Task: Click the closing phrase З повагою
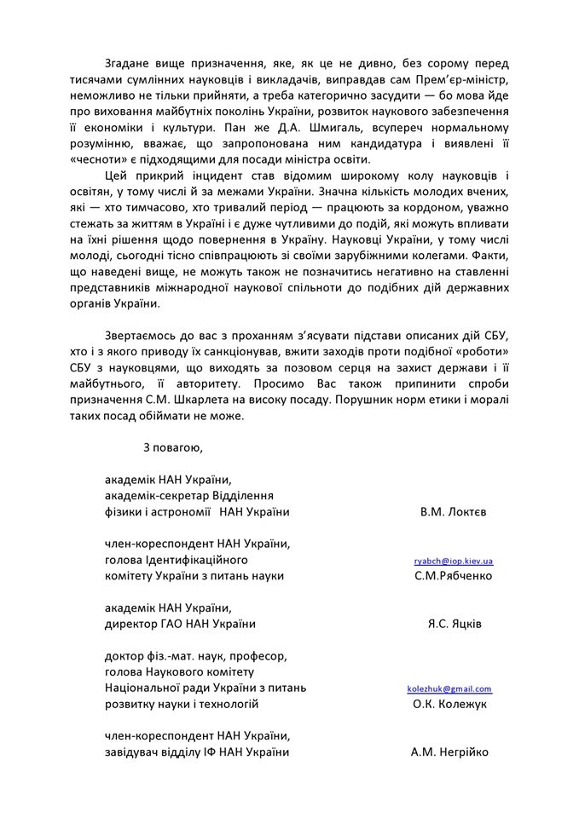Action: coord(173,446)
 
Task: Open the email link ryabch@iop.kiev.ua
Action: coord(453,562)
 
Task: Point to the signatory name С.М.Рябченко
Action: coord(452,576)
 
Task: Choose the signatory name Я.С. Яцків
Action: coord(454,624)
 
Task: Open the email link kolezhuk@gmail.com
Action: coord(449,688)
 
